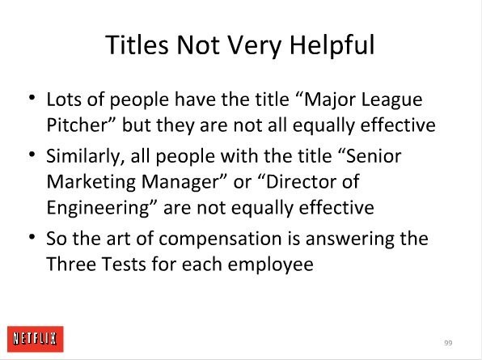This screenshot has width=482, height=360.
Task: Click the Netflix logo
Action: point(36,339)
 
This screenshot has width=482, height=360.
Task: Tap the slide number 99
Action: point(448,343)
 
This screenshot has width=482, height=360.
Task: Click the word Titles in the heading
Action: point(137,44)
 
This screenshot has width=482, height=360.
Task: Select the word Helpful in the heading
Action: point(332,45)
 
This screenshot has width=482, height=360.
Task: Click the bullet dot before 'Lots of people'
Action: point(32,99)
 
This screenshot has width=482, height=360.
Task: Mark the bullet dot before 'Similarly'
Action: point(32,155)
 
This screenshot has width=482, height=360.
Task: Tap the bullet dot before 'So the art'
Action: point(32,237)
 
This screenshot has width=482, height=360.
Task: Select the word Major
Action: point(329,100)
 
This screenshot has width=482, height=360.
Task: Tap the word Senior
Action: point(374,156)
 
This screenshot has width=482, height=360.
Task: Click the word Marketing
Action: point(91,183)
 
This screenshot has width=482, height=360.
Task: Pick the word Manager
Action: point(180,183)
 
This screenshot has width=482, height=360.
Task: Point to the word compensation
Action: point(221,239)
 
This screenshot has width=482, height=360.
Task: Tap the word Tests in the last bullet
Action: point(124,264)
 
